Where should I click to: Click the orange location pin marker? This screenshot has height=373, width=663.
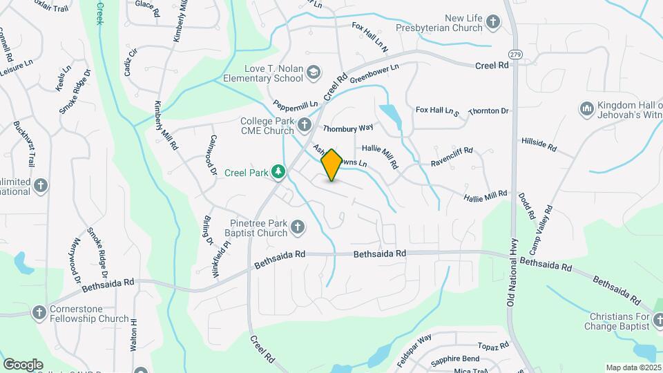pyautogui.click(x=331, y=165)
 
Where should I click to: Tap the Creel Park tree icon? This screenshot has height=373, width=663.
pyautogui.click(x=278, y=171)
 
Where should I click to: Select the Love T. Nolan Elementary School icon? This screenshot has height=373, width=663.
pyautogui.click(x=314, y=72)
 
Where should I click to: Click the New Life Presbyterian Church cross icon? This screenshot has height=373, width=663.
pyautogui.click(x=493, y=22)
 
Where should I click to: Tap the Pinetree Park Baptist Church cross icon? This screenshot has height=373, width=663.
pyautogui.click(x=298, y=227)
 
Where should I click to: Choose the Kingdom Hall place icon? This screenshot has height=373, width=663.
pyautogui.click(x=588, y=108)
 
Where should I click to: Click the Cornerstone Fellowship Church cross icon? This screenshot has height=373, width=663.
pyautogui.click(x=39, y=313)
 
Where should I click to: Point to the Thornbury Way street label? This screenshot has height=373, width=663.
pyautogui.click(x=348, y=128)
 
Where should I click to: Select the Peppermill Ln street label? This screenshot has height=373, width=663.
pyautogui.click(x=295, y=106)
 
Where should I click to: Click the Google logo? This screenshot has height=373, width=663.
pyautogui.click(x=23, y=364)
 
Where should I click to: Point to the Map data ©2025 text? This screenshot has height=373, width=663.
pyautogui.click(x=633, y=367)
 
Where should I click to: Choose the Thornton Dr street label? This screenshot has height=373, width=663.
pyautogui.click(x=488, y=111)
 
